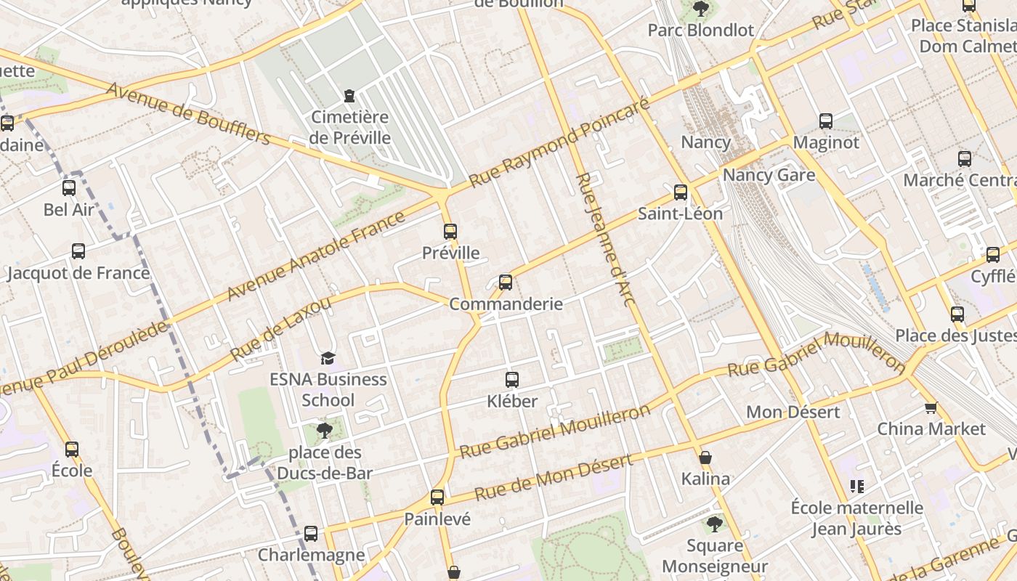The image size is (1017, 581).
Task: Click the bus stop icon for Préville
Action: point(450,232)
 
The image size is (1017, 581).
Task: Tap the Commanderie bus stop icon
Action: point(506,283)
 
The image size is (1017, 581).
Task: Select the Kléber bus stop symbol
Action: point(512,379)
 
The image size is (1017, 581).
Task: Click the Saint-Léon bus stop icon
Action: point(681,192)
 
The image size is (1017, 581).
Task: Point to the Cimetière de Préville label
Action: point(350,127)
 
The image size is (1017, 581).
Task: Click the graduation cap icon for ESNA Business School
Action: point(328,358)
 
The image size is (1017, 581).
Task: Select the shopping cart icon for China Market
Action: point(931,407)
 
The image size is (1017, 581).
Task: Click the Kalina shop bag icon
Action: point(705,458)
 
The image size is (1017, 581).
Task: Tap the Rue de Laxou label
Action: point(280,328)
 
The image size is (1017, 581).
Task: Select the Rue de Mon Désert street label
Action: point(553,477)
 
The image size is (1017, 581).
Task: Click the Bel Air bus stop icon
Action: point(69,188)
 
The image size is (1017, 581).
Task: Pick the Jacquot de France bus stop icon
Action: point(78,251)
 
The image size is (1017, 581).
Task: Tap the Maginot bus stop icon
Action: point(826,121)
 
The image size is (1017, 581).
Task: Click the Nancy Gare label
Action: point(769,175)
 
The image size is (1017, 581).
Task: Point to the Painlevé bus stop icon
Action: point(437,497)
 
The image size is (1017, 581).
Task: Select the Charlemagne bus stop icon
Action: point(311,534)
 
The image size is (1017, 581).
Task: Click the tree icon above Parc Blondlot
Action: point(701,9)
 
